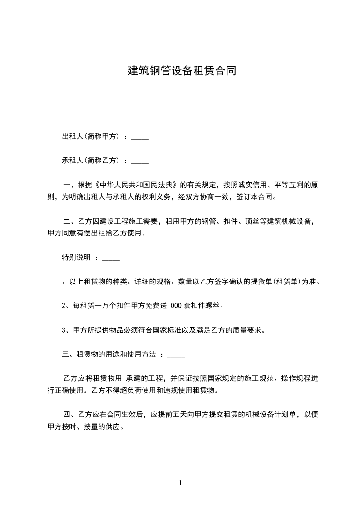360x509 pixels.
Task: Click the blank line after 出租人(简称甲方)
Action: click(140, 137)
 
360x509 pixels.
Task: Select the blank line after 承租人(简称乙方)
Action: click(140, 161)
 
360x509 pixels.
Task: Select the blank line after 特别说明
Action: click(111, 258)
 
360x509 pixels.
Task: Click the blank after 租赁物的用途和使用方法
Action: click(176, 354)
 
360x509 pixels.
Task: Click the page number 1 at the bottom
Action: click(180, 483)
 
